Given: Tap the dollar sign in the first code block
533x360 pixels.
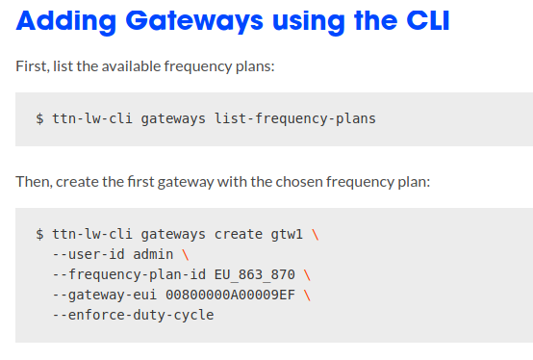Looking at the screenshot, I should (x=39, y=119).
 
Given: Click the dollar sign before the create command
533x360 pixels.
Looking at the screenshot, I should (x=39, y=234).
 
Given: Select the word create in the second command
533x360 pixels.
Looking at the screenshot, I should (x=238, y=234).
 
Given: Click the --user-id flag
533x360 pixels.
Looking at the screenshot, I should (x=88, y=254).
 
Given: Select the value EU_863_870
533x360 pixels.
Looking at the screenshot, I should (x=254, y=274).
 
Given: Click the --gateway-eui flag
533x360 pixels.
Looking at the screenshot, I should (x=104, y=295).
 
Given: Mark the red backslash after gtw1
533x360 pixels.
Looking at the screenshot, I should (x=316, y=234).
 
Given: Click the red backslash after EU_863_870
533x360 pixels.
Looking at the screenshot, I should (x=307, y=274).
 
